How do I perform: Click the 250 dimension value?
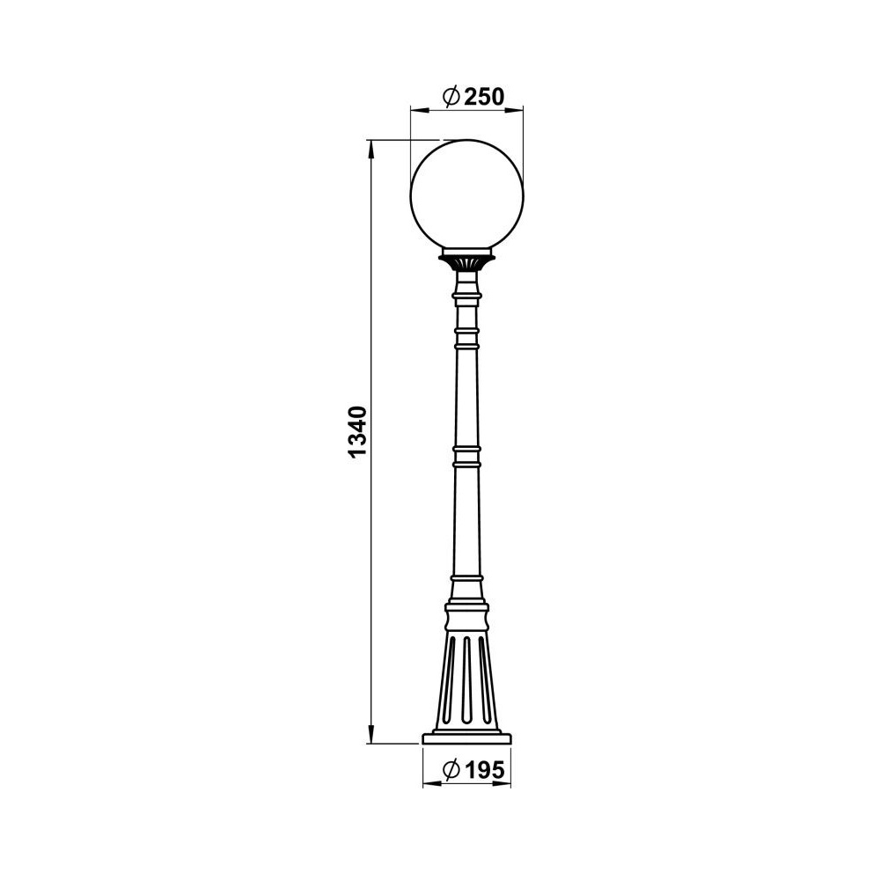point(484,97)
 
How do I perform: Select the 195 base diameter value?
point(484,770)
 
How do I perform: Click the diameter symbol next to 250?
point(451,97)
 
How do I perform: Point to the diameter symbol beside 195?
point(451,770)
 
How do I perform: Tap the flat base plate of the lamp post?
point(466,738)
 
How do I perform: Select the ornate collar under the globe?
point(466,260)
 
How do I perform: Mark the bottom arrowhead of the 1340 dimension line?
point(370,734)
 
